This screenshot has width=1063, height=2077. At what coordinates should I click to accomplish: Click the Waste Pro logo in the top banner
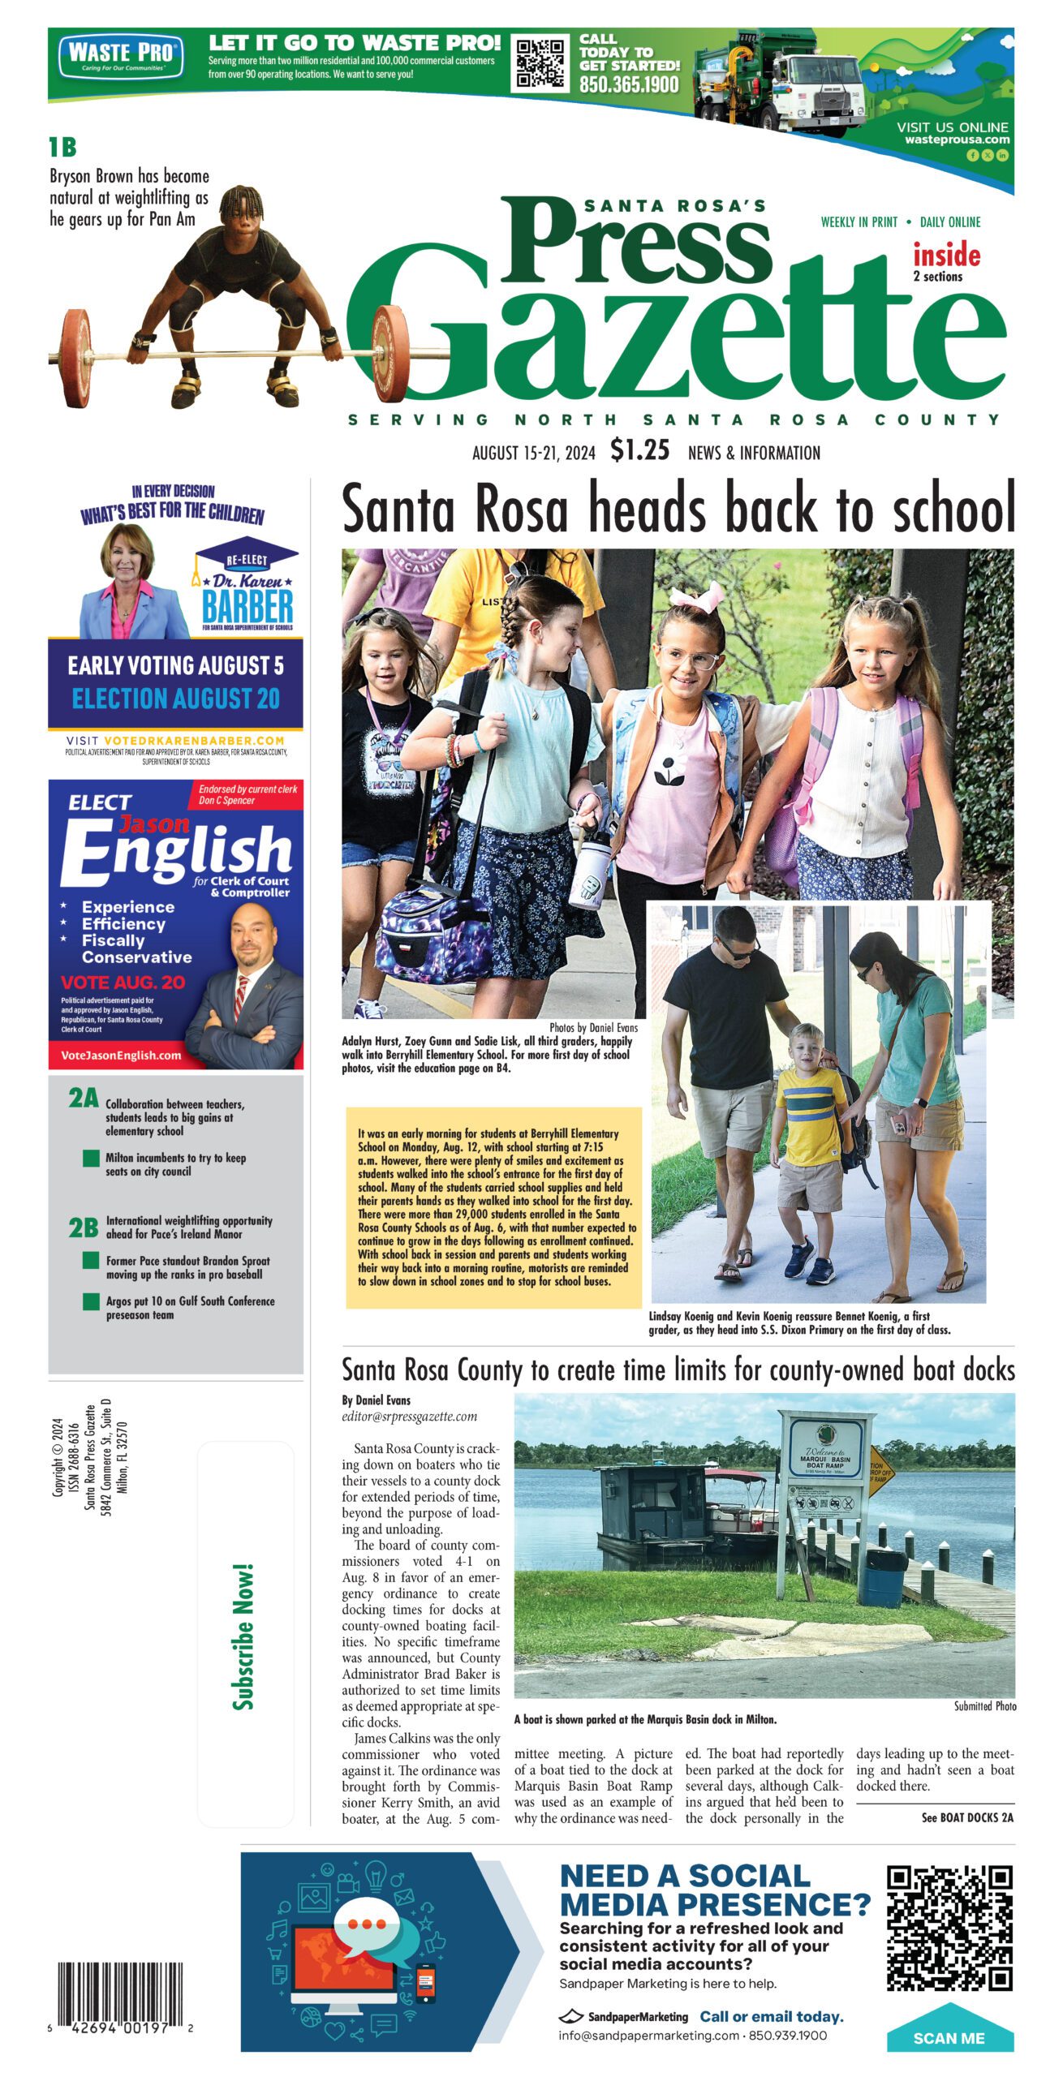[121, 55]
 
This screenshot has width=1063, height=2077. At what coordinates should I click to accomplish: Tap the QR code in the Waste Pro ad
[541, 62]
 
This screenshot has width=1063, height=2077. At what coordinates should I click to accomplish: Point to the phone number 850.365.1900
[629, 84]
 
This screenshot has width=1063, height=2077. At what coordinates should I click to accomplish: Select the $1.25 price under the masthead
[640, 449]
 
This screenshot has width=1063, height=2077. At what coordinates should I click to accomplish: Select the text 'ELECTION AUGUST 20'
[175, 699]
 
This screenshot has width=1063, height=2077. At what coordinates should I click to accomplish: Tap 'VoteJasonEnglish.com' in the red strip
[121, 1056]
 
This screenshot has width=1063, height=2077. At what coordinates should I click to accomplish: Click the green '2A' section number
[83, 1099]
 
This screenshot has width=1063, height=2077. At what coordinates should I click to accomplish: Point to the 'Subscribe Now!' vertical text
[243, 1636]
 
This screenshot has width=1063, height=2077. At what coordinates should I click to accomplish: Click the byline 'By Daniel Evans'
[376, 1400]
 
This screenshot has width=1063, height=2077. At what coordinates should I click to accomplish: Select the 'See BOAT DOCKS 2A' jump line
[966, 1817]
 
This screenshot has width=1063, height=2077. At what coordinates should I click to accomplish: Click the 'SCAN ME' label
[949, 2038]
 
